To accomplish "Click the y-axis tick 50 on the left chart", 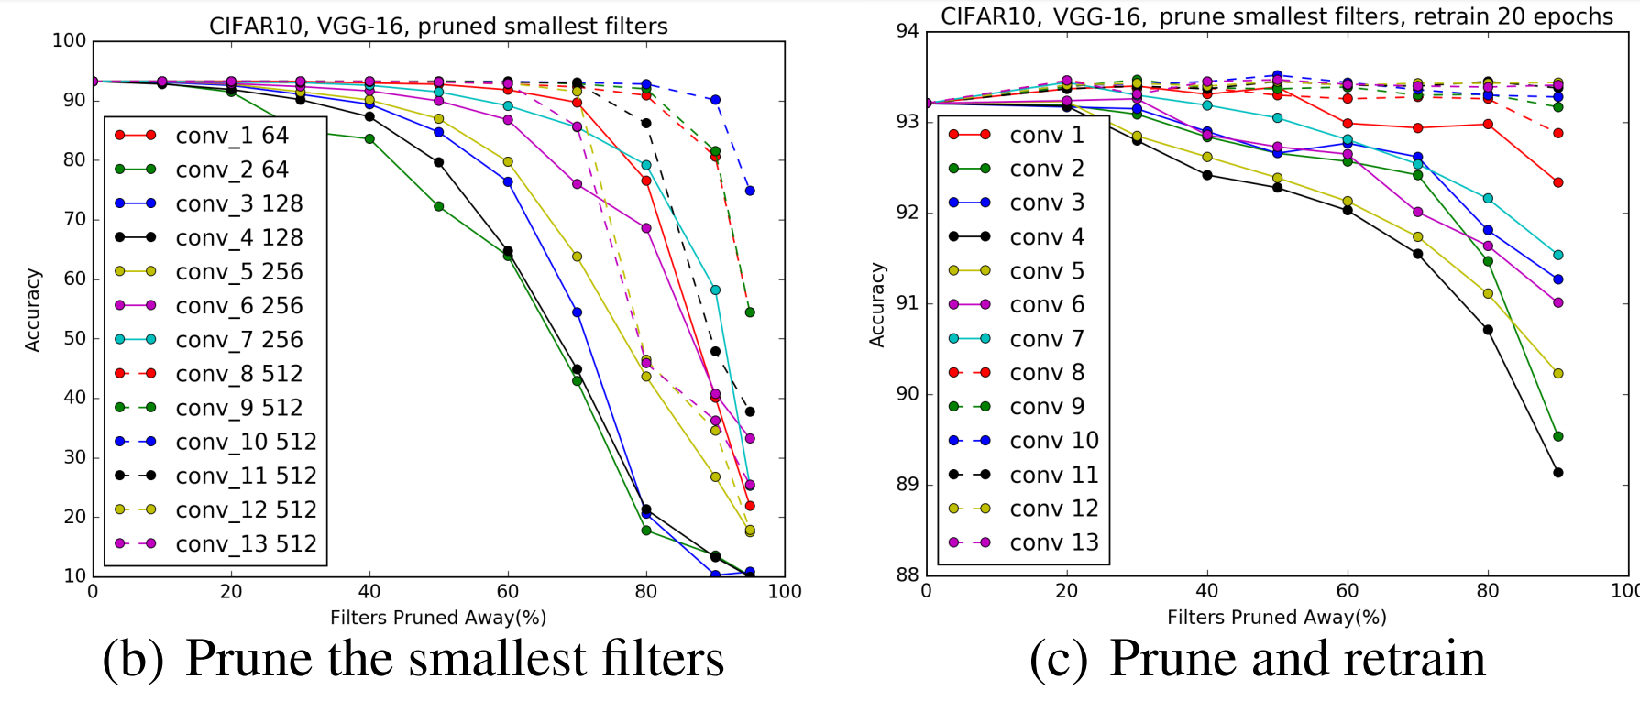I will pos(74,338).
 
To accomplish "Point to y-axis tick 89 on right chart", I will pos(907,484).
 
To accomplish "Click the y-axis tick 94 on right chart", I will pos(907,31).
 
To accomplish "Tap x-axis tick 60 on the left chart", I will pos(508,592).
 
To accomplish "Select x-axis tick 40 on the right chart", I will pos(1206,591).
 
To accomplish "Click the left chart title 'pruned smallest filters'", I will pos(438,26).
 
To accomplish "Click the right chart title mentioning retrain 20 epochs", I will pos(1276,16).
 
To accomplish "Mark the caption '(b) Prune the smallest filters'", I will pos(413,658).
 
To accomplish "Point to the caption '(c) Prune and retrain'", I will pos(1257,658).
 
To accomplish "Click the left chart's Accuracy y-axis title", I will pos(33,310).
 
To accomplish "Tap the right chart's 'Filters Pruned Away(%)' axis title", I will pos(1276,618).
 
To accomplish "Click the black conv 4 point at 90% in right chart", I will pos(1558,473).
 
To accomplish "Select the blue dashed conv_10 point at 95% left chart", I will pos(750,191).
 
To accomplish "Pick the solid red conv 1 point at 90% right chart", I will pos(1558,182).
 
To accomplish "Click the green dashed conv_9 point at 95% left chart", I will pos(750,312).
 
